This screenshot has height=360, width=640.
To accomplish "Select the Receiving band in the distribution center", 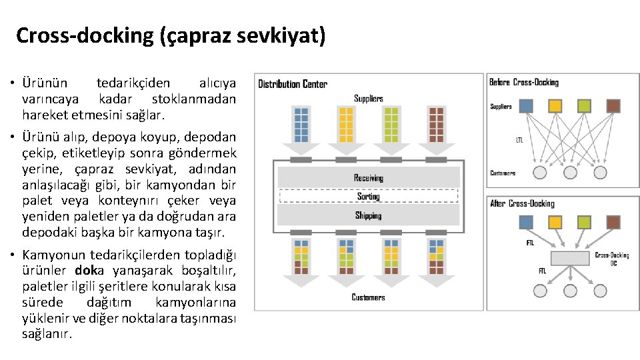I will pos(368,177).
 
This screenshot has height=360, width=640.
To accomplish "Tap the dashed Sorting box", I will pos(368,196).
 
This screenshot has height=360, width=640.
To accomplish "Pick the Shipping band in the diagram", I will pos(368,215).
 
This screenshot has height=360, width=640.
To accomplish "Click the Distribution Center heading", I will pos(293,84).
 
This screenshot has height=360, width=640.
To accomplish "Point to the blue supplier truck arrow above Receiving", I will pos(301,127).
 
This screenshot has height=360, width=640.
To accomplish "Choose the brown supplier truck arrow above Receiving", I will pos(436,127).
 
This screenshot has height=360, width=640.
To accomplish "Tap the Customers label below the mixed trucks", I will pos(368,297).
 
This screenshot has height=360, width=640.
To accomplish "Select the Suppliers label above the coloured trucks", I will pos(368,99).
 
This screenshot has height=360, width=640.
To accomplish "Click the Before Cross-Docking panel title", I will pos(523,82).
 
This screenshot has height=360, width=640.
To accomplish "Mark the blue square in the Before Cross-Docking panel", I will pos(526,105).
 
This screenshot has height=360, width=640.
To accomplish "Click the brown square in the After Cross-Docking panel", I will pos(600,223).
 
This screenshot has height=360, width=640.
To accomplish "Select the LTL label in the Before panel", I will pos(519,140).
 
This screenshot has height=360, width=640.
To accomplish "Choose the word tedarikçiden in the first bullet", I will pos(133,83).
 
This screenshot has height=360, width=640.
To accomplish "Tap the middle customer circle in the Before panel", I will pos(570,172).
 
